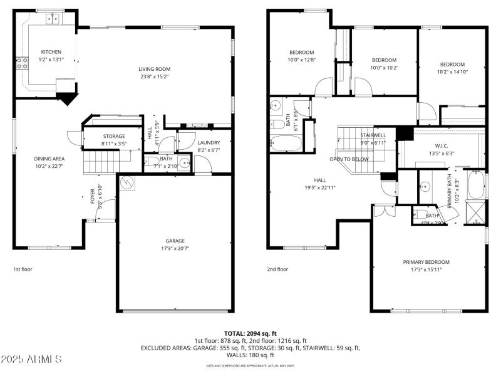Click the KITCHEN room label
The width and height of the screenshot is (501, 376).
(x=51, y=52)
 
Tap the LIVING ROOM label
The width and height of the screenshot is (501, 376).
(x=154, y=69)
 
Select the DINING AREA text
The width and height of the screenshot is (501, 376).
(x=49, y=159)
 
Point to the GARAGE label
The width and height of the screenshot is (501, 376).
(x=175, y=241)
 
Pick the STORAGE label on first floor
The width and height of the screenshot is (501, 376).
(x=113, y=136)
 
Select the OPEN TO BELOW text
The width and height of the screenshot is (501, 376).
(x=349, y=159)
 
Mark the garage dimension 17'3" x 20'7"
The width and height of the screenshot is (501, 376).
(x=175, y=248)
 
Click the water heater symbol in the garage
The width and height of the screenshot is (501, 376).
(x=127, y=183)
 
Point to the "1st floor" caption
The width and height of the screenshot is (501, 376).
(x=23, y=269)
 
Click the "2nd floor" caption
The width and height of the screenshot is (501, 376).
(x=278, y=269)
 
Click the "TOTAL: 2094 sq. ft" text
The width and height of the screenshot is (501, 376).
(x=250, y=333)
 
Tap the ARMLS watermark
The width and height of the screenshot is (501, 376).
(x=31, y=359)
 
